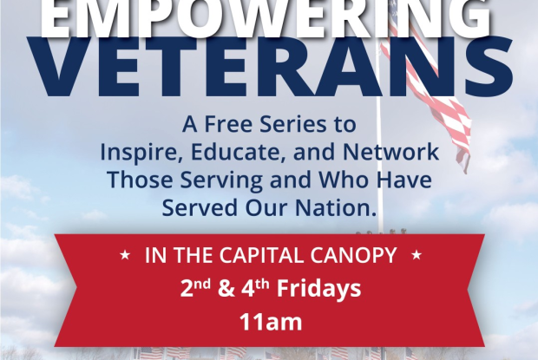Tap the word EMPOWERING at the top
coord(266,16)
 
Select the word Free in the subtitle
coord(229,124)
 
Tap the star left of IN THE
coord(125,255)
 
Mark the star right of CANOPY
coord(417,255)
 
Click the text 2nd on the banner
coord(195,289)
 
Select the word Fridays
coord(319,289)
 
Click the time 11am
coord(271,322)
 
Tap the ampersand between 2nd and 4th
coord(226,290)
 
